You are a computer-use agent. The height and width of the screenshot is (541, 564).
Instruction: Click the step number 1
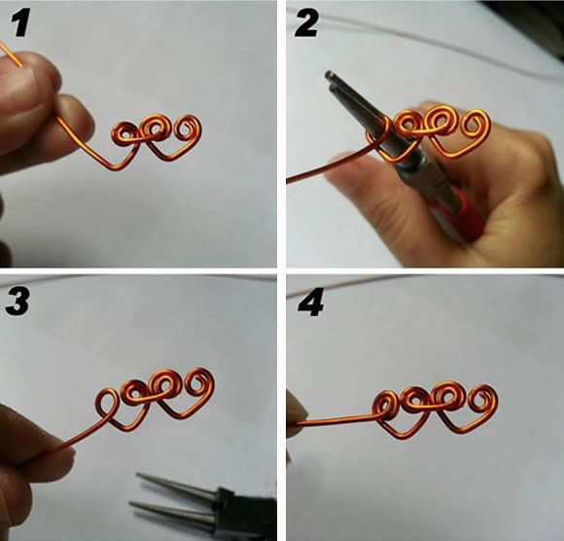click(x=19, y=23)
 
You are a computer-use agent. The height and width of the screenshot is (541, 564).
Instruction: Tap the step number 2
click(x=305, y=23)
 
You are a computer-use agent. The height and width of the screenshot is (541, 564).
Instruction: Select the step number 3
click(x=17, y=302)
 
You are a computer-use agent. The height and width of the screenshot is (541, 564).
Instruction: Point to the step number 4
click(x=310, y=303)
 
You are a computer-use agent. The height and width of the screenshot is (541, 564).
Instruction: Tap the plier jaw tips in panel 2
click(x=331, y=79)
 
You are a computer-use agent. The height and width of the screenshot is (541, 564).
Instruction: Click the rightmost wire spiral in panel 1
click(x=188, y=128)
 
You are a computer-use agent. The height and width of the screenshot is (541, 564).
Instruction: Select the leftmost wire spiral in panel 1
click(x=125, y=134)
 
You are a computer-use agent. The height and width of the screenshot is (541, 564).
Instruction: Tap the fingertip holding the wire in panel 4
click(x=296, y=411)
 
